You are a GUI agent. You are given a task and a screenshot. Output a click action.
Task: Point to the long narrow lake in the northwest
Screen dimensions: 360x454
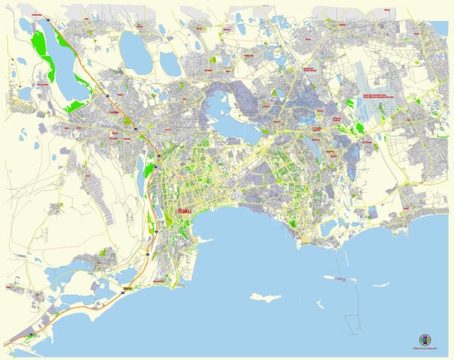[60, 60]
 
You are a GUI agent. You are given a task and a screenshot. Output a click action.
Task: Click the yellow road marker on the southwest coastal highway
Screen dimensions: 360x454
[128, 288]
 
